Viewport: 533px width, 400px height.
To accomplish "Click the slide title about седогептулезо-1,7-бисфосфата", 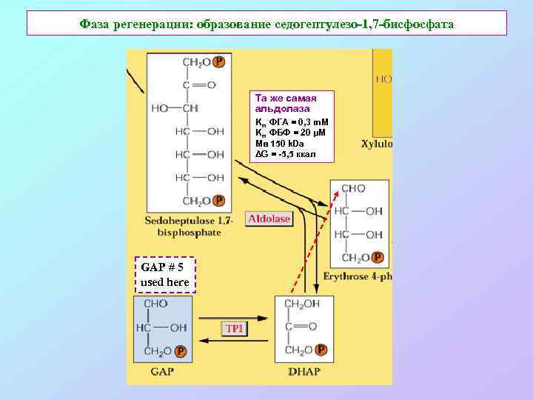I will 266,24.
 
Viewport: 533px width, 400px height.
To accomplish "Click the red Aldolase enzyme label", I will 269,219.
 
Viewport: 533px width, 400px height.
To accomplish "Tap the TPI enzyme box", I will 233,328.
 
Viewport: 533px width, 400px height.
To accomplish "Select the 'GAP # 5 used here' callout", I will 165,275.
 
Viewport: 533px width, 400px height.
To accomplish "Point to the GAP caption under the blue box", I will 161,371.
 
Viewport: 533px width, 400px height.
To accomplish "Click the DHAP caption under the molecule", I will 304,371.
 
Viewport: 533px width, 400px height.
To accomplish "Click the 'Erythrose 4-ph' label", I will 358,276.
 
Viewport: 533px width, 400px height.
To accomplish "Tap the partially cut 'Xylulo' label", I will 377,144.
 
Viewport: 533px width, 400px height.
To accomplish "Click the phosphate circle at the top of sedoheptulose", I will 218,62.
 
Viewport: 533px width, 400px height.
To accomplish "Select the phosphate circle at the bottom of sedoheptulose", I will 218,200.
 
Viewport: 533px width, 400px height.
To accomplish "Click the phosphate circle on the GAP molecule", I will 181,351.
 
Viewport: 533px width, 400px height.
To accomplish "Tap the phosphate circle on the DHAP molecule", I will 321,350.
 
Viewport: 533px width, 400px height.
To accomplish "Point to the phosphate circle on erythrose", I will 378,257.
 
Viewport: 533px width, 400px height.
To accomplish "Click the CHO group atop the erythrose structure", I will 352,188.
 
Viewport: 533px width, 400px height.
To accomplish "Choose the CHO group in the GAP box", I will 156,304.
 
